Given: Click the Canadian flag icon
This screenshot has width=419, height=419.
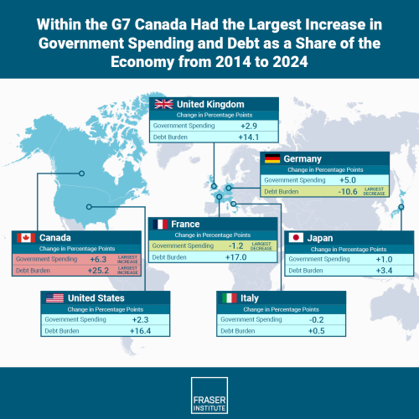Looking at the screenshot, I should [x=26, y=238].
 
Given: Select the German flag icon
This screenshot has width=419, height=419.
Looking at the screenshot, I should [x=272, y=158].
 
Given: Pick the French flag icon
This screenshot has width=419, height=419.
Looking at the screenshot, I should [x=159, y=225].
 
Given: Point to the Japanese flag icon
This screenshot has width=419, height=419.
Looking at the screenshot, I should [x=296, y=238].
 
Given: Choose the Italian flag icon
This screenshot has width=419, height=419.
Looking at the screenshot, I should [x=227, y=298].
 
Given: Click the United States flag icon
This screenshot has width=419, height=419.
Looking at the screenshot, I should [x=54, y=298].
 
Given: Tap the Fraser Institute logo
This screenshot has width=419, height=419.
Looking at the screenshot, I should [x=209, y=391].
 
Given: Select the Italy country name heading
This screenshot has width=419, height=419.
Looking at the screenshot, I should [x=259, y=298].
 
